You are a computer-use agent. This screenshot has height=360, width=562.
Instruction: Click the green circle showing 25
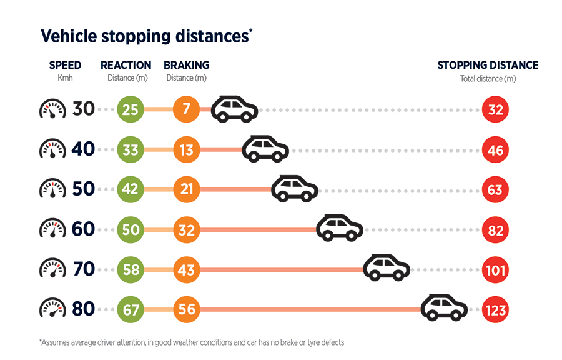pos(131,109)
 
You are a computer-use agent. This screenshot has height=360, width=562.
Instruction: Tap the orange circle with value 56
pos(187,309)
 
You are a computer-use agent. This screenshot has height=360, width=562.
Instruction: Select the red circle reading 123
pos(496,309)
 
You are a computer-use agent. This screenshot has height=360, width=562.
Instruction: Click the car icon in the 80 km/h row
pos(444,308)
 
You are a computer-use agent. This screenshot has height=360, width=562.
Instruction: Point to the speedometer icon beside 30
pos(52,109)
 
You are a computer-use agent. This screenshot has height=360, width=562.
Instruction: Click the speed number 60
pos(83,229)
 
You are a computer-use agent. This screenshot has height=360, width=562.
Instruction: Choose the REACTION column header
pos(126,65)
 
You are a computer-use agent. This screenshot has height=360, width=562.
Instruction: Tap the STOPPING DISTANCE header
pos(488,65)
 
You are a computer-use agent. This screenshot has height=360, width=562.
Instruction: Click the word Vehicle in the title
pos(67,36)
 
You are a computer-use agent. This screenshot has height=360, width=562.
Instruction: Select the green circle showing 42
pos(131,189)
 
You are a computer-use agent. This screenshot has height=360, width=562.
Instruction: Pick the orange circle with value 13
pos(187,149)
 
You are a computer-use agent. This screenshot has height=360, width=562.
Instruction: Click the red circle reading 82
pos(496,229)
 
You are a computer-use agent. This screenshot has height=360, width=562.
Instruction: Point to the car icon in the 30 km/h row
pos(234,109)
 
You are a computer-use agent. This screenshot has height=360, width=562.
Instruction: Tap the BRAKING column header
pos(187,65)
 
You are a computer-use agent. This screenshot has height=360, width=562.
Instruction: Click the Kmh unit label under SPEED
pos(65,78)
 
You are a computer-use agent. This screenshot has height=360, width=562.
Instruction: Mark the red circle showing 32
pos(496,109)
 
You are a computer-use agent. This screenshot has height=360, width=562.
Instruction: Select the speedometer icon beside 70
pos(52,269)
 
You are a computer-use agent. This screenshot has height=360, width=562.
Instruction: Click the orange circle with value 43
pos(187,269)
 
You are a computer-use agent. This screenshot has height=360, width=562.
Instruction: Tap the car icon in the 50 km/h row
pos(294,188)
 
